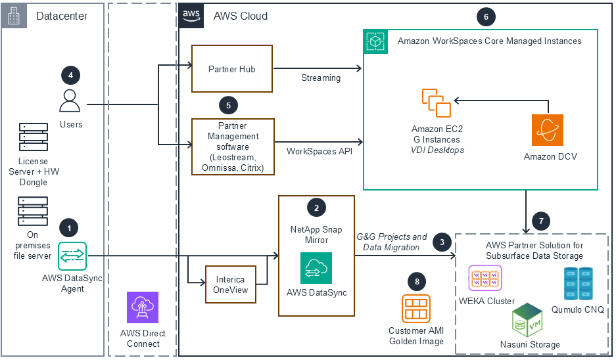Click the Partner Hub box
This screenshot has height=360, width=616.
click(231, 69)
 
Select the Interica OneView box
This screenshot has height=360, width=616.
click(230, 284)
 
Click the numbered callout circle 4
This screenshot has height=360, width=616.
click(70, 75)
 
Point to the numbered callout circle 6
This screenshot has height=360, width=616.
click(485, 17)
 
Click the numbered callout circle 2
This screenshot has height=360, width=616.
click(317, 208)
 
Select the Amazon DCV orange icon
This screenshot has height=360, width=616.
click(548, 130)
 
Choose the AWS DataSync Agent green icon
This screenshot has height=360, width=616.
click(72, 256)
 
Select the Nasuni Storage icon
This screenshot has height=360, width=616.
click(527, 321)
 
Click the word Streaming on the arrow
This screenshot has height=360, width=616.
click(321, 78)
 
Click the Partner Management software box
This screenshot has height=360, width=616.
click(231, 146)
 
